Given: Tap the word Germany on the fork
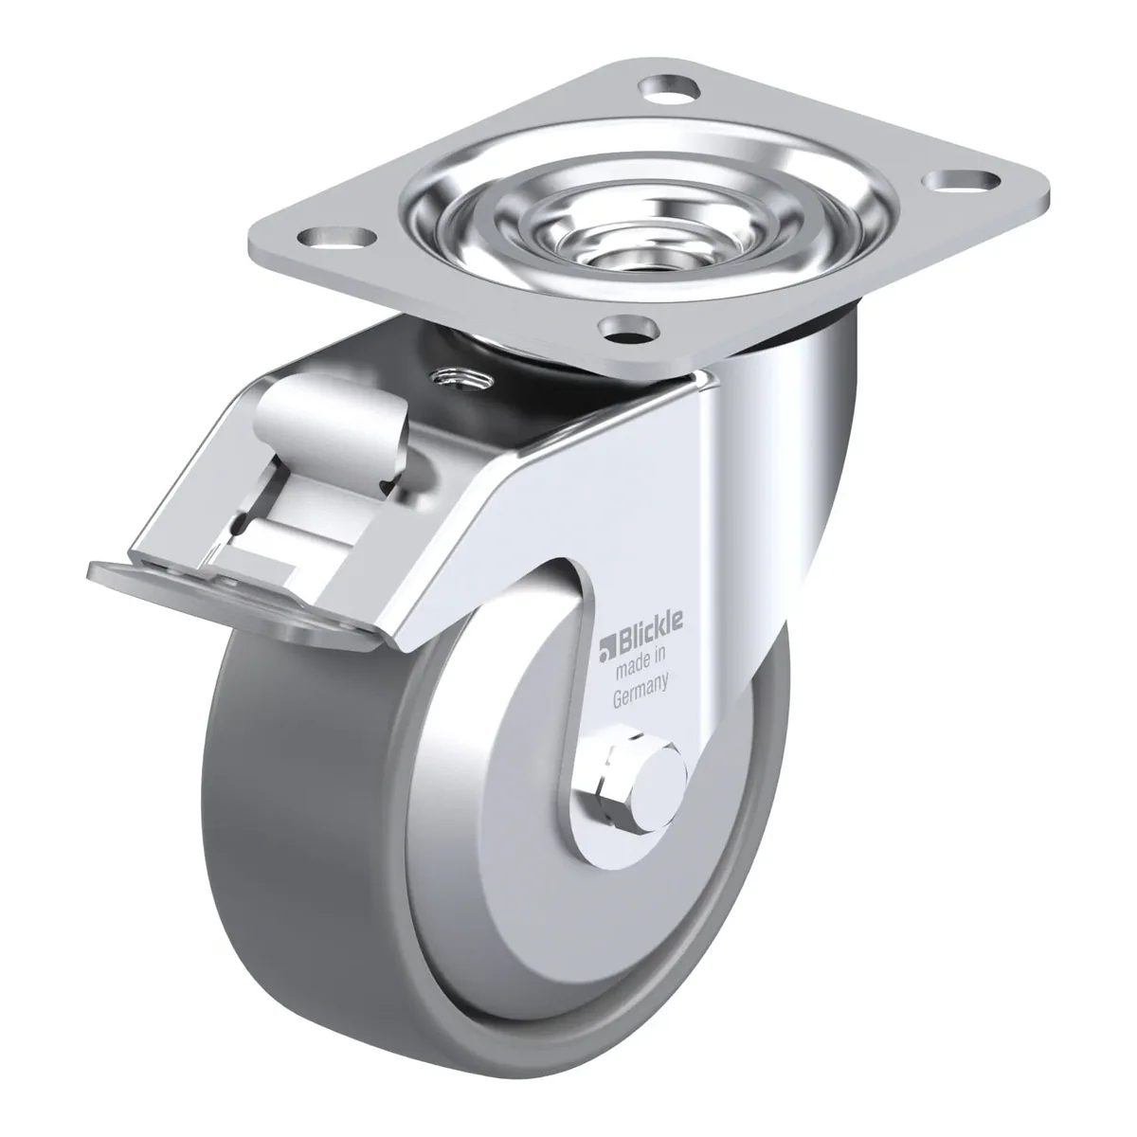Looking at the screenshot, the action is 641,692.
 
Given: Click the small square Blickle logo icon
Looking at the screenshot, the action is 606,647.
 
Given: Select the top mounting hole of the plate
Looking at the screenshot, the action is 671,89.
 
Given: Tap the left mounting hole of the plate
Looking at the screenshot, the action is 337,238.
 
